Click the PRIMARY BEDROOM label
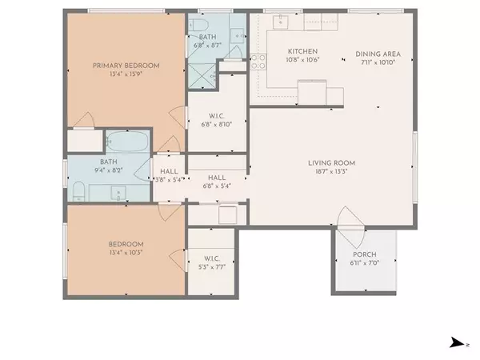click(126, 66)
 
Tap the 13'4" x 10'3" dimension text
click(126, 253)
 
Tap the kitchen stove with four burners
click(258, 62)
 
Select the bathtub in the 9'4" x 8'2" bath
click(127, 144)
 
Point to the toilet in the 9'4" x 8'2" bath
click(79, 192)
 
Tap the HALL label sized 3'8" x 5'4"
click(169, 171)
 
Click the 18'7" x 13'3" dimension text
click(331, 171)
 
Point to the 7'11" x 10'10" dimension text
click(378, 62)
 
